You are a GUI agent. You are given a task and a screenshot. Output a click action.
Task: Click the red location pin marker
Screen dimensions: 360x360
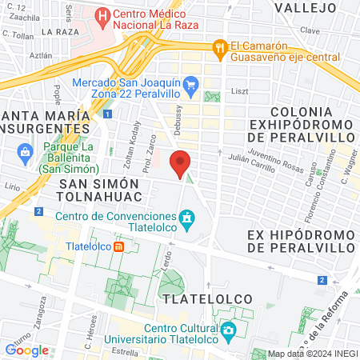tap(181, 162)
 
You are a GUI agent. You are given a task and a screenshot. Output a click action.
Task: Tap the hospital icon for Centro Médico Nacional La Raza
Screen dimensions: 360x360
tap(102, 15)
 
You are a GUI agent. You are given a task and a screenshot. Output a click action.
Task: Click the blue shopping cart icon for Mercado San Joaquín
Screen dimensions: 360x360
tap(190, 83)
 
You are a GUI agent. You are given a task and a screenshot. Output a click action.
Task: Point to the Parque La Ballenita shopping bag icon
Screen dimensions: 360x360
tap(26, 151)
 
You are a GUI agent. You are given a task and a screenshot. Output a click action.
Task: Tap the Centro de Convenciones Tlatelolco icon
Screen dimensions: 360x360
tap(186, 218)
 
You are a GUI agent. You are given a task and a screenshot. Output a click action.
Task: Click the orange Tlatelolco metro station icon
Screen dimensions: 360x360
tap(118, 246)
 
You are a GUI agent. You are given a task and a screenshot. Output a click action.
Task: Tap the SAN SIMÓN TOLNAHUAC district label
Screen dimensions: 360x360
tap(99, 190)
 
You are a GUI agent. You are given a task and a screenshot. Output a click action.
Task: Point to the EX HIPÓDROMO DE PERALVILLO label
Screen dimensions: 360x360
tap(300, 242)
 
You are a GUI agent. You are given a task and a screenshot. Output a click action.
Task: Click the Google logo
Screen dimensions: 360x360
tap(26, 350)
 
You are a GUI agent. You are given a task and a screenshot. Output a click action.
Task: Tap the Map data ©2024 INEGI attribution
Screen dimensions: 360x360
tap(312, 354)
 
